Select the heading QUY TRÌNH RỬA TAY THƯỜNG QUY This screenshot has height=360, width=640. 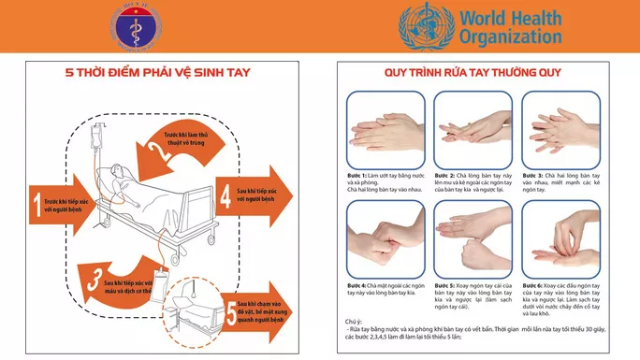tap(476, 73)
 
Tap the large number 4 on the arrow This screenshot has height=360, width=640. tap(226, 197)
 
